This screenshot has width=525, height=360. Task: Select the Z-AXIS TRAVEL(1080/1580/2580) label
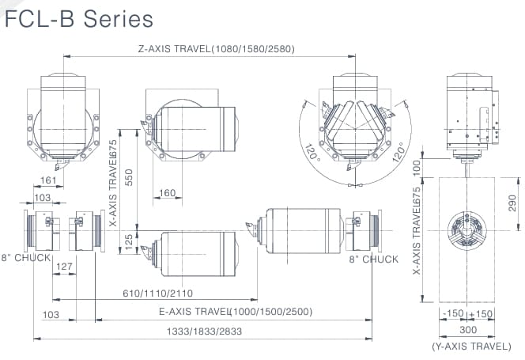pyautogui.click(x=216, y=49)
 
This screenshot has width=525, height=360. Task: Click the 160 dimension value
pyautogui.click(x=168, y=193)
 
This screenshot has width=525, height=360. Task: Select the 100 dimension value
pyautogui.click(x=417, y=167)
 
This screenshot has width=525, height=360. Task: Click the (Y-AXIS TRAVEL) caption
pyautogui.click(x=470, y=347)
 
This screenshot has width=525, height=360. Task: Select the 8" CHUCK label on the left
pyautogui.click(x=25, y=258)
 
